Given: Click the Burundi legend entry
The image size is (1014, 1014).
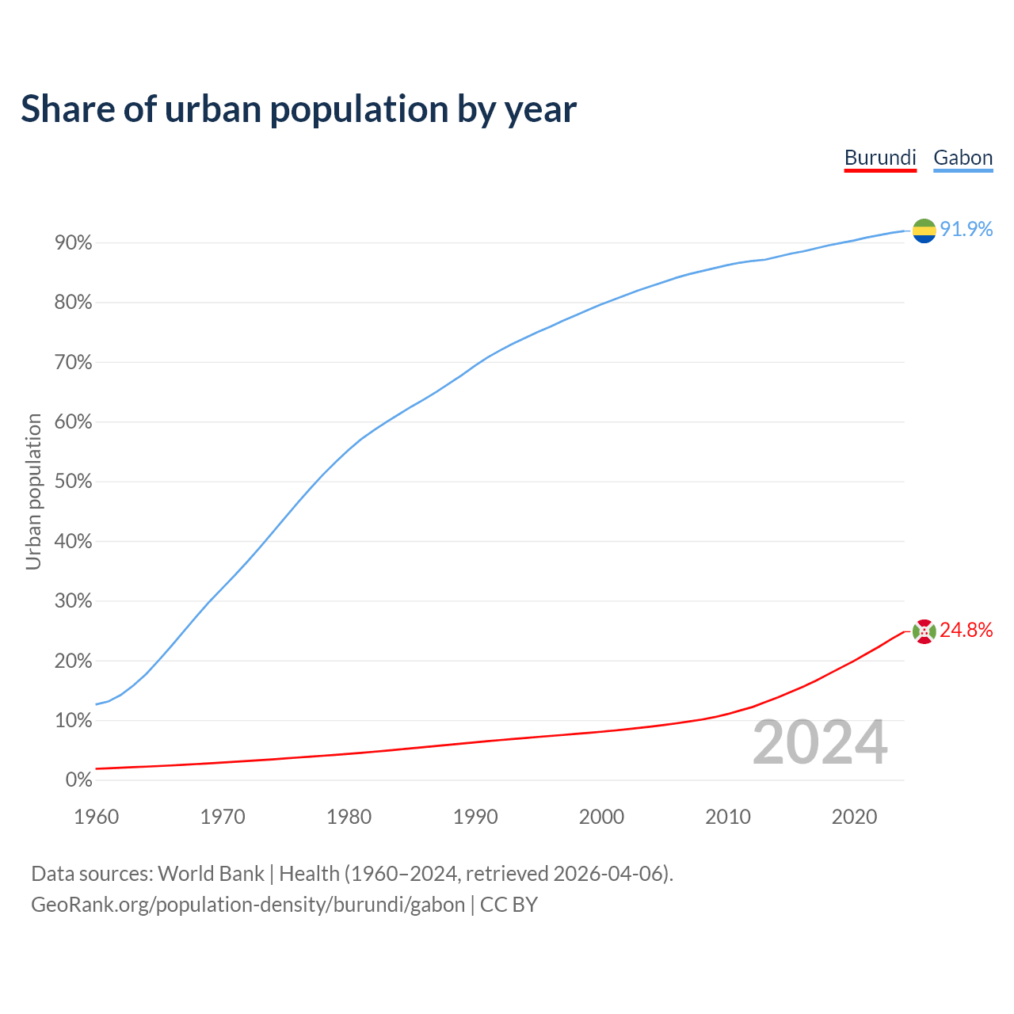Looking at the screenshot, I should tap(880, 158).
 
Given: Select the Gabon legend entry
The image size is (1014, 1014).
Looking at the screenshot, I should tap(963, 158).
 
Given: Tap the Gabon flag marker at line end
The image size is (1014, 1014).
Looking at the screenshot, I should tap(924, 231).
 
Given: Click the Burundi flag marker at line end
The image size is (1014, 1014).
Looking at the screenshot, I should tap(924, 631).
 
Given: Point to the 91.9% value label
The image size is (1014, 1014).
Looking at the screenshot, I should tap(966, 229).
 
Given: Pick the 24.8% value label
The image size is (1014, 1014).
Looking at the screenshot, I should tap(966, 630).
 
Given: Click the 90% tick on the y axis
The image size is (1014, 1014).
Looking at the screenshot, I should tap(74, 243).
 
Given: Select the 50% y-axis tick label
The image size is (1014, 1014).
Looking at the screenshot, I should tap(74, 482).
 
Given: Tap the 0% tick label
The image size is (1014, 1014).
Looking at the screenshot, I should tap(79, 780).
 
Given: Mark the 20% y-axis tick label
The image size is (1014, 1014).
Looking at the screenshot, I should tap(74, 661).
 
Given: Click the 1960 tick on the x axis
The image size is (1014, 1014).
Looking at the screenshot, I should tap(96, 817).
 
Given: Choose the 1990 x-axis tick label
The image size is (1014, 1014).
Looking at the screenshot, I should tap(475, 817).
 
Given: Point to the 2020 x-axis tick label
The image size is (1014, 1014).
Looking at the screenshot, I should tap(854, 817).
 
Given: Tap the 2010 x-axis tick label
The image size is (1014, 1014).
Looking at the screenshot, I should tap(728, 817).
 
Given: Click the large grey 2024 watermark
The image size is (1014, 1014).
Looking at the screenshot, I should tap(820, 742).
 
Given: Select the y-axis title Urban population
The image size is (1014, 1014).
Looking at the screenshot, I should tap(33, 491).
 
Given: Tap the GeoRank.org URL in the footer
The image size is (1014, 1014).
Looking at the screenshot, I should tap(248, 904).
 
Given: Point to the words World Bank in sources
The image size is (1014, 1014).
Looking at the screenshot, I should tap(211, 874).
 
